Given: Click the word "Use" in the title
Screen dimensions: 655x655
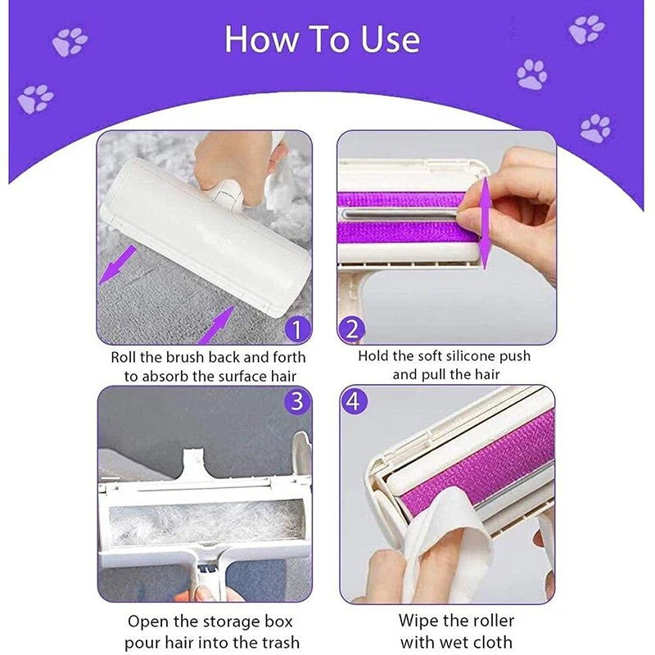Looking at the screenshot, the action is click(x=391, y=39).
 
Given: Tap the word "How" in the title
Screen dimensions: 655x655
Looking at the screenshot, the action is click(x=262, y=39).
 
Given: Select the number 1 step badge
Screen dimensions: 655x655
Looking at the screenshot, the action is click(x=297, y=330).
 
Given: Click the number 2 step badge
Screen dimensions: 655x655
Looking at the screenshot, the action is click(x=351, y=329).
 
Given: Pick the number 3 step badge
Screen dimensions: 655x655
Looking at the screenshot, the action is click(x=297, y=400).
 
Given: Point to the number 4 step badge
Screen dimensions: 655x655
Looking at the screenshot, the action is click(x=355, y=401).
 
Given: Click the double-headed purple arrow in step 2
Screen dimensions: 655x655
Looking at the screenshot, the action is click(x=485, y=223).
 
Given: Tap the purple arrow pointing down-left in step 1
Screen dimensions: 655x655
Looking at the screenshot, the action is click(x=118, y=264).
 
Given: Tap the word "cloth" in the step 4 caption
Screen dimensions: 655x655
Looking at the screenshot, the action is click(x=494, y=642).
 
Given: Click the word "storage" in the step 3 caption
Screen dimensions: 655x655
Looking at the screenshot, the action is click(x=223, y=621).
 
